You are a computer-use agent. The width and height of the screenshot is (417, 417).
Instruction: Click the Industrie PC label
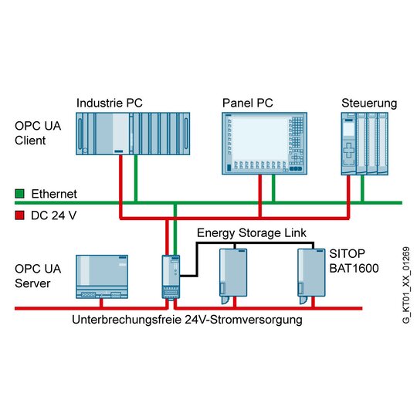click(110, 103)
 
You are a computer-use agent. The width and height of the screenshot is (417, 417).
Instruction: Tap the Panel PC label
click(248, 103)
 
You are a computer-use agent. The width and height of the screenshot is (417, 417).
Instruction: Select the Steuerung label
click(369, 103)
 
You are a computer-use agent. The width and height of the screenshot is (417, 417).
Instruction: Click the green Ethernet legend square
click(19, 194)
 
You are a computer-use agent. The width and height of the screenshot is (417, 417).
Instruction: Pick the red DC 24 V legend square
click(19, 215)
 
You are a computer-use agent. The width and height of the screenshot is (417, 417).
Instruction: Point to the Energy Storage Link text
click(252, 233)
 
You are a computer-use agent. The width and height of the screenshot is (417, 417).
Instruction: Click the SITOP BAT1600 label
click(354, 261)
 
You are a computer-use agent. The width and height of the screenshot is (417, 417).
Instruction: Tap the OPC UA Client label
click(38, 133)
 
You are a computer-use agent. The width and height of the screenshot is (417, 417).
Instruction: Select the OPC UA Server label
click(38, 276)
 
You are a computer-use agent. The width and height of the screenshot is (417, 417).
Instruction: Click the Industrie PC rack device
click(133, 134)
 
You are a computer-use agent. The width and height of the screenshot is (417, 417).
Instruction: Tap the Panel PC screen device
click(265, 144)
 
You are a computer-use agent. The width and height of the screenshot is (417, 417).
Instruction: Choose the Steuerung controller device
click(364, 144)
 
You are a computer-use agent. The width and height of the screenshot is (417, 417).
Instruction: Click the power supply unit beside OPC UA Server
click(102, 276)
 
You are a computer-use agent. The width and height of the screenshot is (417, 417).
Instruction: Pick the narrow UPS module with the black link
click(171, 277)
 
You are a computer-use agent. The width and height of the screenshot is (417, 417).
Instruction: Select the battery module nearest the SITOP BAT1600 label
click(311, 276)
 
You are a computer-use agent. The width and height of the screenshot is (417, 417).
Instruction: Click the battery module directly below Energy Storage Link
click(233, 276)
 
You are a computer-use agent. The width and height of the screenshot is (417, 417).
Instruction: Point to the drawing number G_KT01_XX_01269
click(406, 286)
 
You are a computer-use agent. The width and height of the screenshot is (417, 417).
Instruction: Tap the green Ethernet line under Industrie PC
click(136, 178)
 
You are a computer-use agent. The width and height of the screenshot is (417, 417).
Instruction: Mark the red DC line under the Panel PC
click(260, 196)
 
